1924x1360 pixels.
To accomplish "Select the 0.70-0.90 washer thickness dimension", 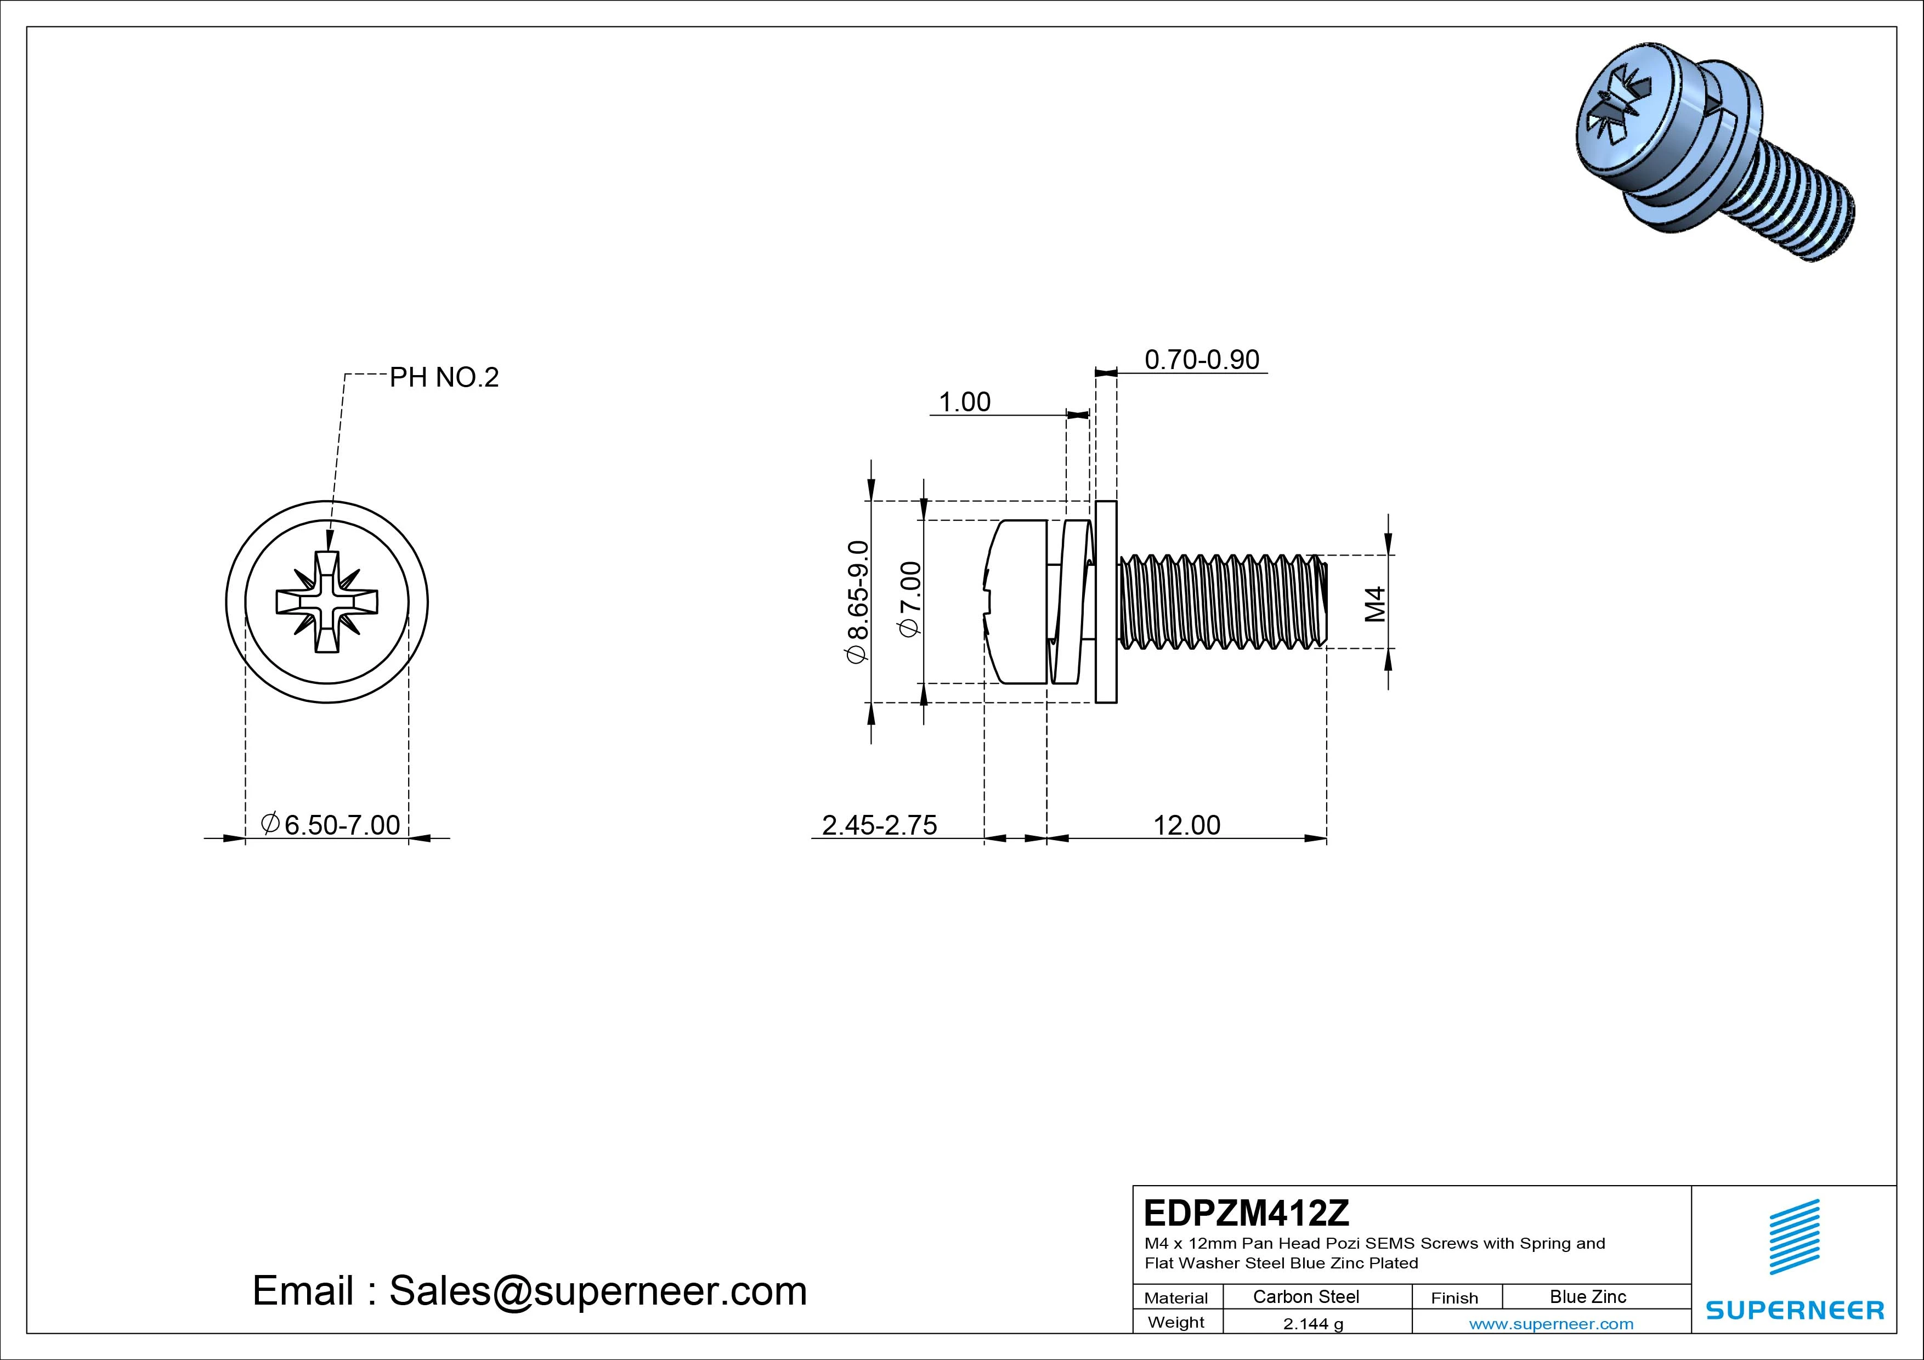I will click(x=1202, y=360).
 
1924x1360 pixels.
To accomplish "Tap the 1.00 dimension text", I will click(x=965, y=402).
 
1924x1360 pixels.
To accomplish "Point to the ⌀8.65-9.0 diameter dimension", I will click(x=858, y=602).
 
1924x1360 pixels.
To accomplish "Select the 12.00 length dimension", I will click(x=1186, y=825).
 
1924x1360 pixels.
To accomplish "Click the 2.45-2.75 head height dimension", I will click(x=879, y=825).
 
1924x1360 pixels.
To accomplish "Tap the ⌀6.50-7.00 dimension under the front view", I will click(x=331, y=825).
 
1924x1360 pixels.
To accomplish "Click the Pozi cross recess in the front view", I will click(x=327, y=602).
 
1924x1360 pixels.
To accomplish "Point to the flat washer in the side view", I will click(x=1106, y=602).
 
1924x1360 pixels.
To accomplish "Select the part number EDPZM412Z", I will click(x=1246, y=1212).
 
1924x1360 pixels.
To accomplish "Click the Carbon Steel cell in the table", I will click(x=1305, y=1296).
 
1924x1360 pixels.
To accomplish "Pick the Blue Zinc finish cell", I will click(x=1587, y=1296).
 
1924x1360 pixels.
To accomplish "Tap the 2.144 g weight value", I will click(x=1312, y=1324).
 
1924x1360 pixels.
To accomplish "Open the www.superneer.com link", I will click(x=1550, y=1324).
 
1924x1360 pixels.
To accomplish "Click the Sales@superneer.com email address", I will click(x=597, y=1290).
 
